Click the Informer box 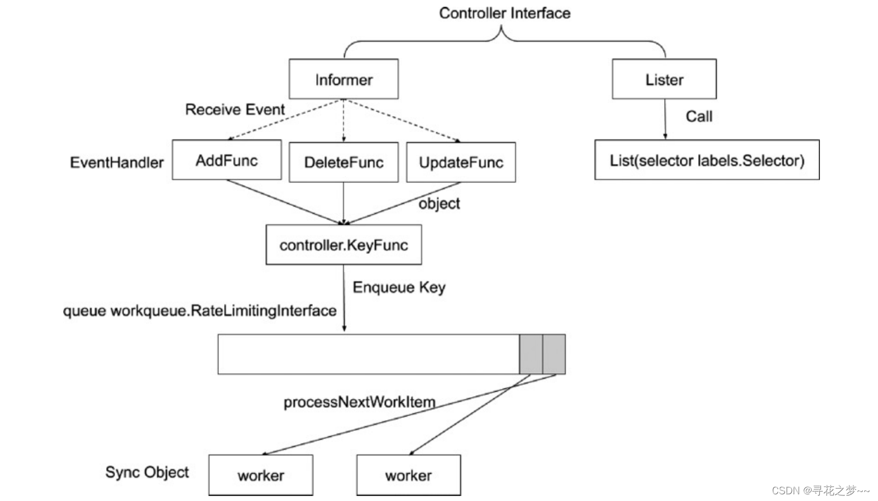(x=343, y=79)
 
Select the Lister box (x=664, y=79)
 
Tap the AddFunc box (x=227, y=160)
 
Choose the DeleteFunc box (x=343, y=162)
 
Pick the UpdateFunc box (x=461, y=162)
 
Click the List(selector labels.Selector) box (x=707, y=160)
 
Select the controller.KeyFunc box (x=343, y=245)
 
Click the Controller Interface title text (x=504, y=13)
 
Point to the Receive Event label (x=235, y=109)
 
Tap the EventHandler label (x=116, y=162)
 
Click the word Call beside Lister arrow (x=699, y=116)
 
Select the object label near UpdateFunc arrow (x=439, y=204)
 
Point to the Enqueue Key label (x=399, y=287)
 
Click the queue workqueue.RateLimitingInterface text (x=199, y=310)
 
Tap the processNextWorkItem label (x=359, y=402)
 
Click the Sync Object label (x=147, y=472)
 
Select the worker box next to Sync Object (x=261, y=475)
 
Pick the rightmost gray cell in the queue (x=554, y=354)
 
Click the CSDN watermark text (x=820, y=490)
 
